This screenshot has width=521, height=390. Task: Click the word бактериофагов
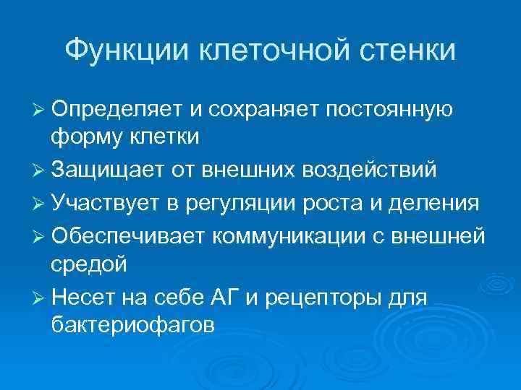132,324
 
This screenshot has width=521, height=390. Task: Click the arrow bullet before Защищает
40,170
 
